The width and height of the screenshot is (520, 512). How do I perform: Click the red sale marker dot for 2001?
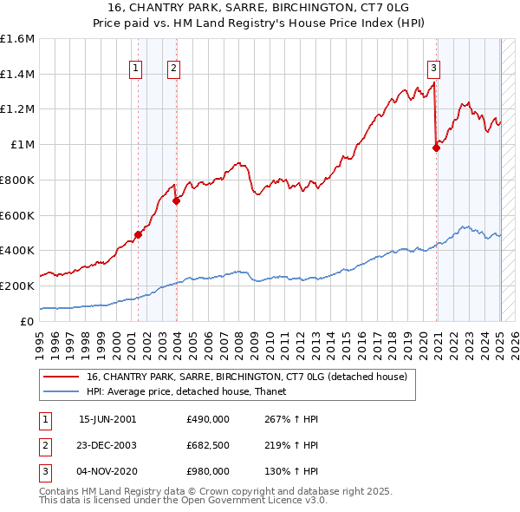138,234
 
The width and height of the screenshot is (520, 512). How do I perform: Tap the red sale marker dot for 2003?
176,200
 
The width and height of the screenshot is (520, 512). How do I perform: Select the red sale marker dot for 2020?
436,148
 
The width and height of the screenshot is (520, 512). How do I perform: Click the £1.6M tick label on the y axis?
17,39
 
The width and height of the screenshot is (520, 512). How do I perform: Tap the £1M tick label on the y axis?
23,145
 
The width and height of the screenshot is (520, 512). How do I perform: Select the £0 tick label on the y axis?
27,321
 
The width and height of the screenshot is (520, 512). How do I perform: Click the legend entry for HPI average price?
192,391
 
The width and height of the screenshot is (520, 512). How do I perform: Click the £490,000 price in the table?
208,418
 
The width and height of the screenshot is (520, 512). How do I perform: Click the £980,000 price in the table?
208,472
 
